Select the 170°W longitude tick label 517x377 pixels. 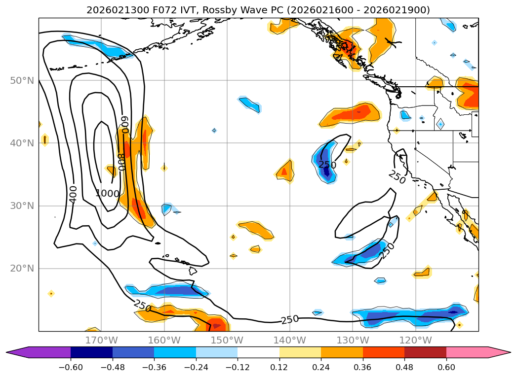coord(101,340)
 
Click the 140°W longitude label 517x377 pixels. coord(289,340)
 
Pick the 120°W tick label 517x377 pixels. coord(415,340)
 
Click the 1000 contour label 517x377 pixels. coord(107,194)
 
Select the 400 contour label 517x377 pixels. coord(73,194)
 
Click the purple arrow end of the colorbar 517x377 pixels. coord(20,352)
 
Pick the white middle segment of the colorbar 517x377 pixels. coord(258,352)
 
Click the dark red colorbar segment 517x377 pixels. coord(425,352)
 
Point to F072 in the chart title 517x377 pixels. coord(149,10)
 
